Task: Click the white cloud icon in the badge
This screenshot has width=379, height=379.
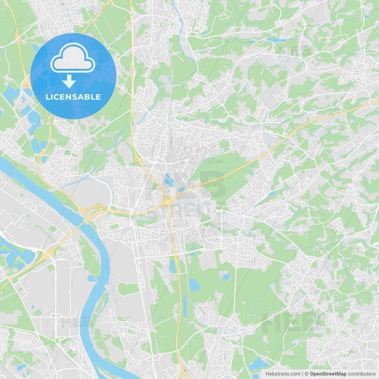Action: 73,61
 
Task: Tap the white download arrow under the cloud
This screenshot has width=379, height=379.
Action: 73,81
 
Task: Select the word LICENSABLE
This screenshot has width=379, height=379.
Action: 73,97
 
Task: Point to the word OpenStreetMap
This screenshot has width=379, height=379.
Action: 328,373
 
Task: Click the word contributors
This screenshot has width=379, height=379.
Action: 362,373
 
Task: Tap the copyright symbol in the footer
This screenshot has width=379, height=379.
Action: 306,373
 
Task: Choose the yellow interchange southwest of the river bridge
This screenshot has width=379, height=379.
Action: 47,255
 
